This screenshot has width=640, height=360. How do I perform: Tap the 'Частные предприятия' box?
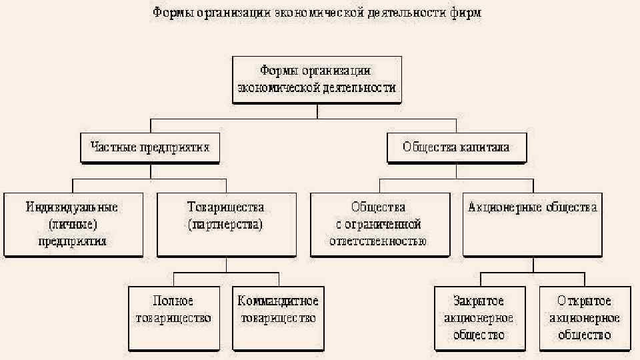pos(149,147)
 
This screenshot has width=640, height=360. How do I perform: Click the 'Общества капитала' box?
pos(456,147)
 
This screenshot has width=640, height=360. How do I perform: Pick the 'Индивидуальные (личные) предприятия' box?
pos(73,225)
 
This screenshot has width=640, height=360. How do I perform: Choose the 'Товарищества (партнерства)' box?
pos(226,225)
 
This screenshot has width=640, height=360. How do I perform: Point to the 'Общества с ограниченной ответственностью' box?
pos(378,225)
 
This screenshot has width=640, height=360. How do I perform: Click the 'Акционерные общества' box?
pos(532,225)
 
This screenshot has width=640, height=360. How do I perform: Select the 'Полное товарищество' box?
pos(173,318)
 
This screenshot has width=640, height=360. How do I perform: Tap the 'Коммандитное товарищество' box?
pos(278,318)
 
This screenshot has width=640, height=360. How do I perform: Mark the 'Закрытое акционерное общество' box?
pos(478,318)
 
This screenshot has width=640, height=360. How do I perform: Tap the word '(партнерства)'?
pos(226,225)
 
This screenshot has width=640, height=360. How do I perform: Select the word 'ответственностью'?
pos(378,241)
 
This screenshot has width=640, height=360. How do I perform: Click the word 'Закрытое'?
pos(478,301)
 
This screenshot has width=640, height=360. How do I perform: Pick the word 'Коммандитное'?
pos(278,301)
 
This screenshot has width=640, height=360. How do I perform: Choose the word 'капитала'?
pos(484,147)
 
